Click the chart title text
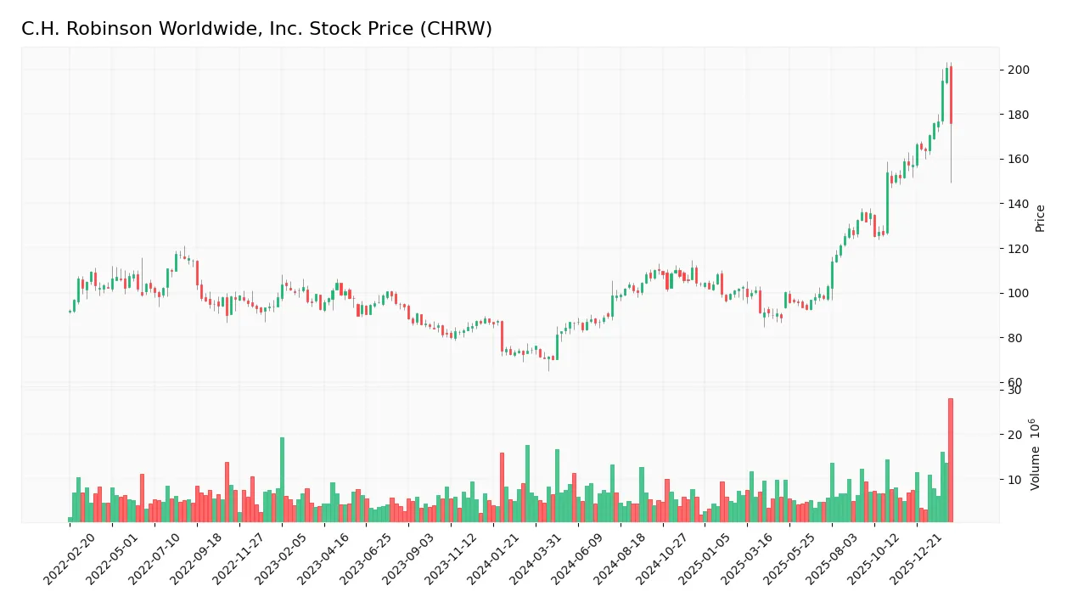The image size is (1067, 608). tap(256, 29)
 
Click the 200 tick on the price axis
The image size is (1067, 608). tap(1018, 70)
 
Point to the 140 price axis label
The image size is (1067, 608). tap(1018, 204)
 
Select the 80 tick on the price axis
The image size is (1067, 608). tap(1014, 338)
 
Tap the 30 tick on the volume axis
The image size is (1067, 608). tap(1014, 390)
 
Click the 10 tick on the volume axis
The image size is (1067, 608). tap(1014, 479)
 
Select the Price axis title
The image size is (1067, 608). tap(1040, 218)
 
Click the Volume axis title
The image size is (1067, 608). tap(1036, 454)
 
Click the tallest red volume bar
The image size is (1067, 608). tap(951, 459)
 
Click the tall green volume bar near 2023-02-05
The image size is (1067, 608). tap(282, 480)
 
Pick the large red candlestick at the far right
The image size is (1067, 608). tap(951, 95)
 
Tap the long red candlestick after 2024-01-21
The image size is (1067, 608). tap(502, 335)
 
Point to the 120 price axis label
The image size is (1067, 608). tap(1018, 249)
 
